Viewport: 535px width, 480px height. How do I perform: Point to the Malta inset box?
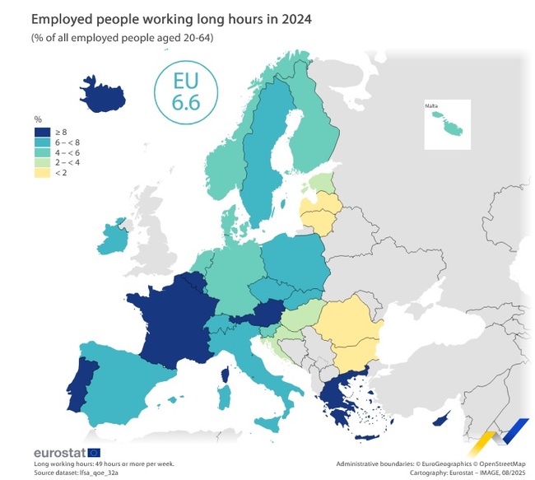pos(447,124)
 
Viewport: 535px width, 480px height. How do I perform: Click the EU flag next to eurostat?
pos(94,452)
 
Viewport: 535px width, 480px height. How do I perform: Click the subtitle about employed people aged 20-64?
pos(123,38)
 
